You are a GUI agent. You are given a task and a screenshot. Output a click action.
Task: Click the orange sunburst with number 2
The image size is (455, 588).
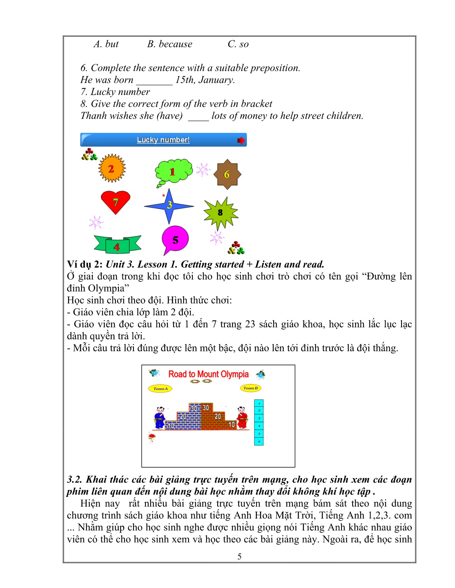click(x=112, y=168)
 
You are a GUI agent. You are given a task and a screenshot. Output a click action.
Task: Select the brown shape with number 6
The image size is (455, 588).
click(x=227, y=174)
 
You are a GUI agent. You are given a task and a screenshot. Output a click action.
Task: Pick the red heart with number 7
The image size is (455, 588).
click(x=115, y=202)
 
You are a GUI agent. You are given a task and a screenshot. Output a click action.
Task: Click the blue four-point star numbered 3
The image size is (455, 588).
click(x=169, y=205)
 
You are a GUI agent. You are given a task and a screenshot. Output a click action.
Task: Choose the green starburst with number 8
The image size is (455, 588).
click(x=221, y=212)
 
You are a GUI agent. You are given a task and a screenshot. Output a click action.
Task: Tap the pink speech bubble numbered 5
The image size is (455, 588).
click(x=175, y=239)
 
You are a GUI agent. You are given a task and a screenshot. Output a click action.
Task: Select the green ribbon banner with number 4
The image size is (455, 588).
click(x=117, y=245)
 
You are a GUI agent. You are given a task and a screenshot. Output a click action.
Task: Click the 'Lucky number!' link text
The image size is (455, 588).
click(x=163, y=140)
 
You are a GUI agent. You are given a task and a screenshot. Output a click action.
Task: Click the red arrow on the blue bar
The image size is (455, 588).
click(x=240, y=140)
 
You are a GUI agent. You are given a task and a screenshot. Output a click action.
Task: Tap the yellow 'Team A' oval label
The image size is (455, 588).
click(x=160, y=389)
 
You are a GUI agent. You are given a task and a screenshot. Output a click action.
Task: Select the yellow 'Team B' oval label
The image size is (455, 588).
click(x=251, y=388)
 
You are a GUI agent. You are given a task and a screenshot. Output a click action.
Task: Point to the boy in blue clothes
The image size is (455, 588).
click(x=159, y=418)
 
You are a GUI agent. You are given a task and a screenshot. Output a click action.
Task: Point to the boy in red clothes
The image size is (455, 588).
click(x=242, y=418)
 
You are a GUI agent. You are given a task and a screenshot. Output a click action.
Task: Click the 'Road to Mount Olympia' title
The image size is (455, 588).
click(x=208, y=374)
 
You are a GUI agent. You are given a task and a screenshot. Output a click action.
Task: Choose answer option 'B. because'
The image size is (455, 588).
click(x=170, y=44)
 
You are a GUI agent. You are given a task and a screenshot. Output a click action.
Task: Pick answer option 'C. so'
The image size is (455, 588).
click(x=238, y=44)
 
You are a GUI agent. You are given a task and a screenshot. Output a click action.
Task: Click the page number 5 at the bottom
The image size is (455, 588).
click(x=239, y=556)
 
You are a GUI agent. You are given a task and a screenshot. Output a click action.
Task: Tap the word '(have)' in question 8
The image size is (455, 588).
click(x=170, y=116)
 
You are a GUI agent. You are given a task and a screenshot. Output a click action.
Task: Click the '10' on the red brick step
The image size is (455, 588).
click(x=231, y=424)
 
